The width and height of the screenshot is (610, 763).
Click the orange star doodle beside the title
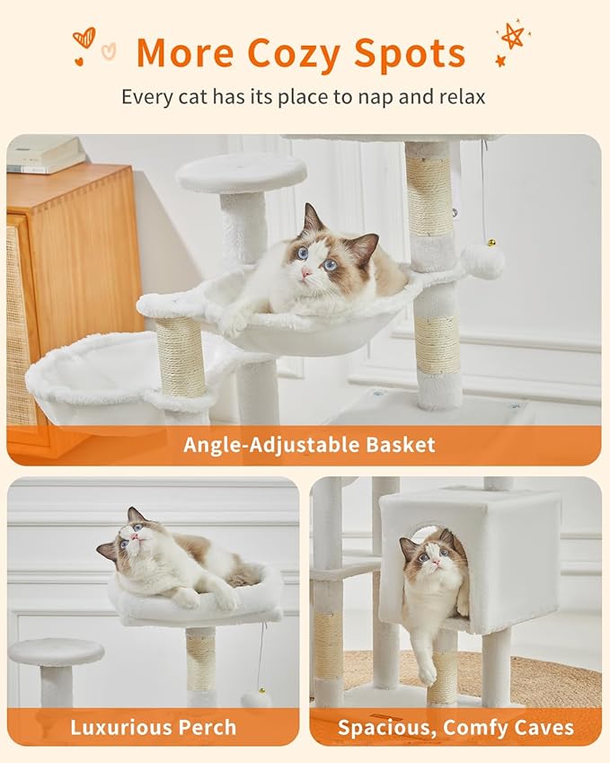coord(512,37)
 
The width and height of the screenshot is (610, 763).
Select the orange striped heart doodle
coord(84,38)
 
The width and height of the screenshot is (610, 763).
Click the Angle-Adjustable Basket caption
coord(309,444)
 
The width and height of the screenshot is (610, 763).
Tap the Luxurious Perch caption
coord(153,727)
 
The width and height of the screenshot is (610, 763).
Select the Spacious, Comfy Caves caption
coord(455,727)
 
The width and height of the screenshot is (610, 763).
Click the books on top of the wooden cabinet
coord(46,154)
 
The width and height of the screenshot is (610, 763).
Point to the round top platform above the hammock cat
coord(241,172)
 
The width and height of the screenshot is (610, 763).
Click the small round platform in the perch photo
coord(57,652)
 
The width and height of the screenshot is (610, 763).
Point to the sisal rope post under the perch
coord(201,661)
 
